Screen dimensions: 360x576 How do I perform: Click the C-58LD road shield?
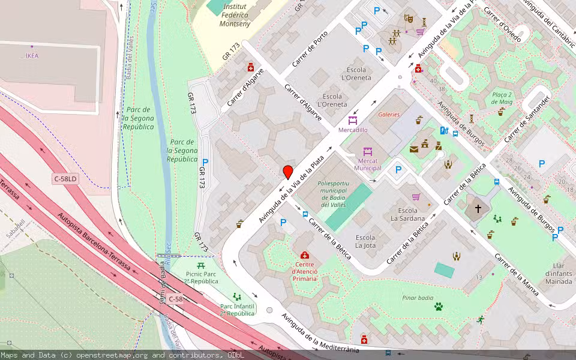pyautogui.click(x=65, y=179)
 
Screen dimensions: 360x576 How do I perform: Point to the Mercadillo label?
pyautogui.click(x=353, y=130)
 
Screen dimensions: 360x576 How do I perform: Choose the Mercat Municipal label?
pyautogui.click(x=367, y=164)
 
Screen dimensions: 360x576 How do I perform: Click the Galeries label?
pyautogui.click(x=389, y=115)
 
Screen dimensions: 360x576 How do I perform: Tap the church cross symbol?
pyautogui.click(x=478, y=209)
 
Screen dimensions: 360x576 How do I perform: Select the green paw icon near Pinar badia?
pyautogui.click(x=439, y=307)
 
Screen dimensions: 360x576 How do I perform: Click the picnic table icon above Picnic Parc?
pyautogui.click(x=200, y=265)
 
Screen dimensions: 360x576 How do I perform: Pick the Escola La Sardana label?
pyautogui.click(x=408, y=214)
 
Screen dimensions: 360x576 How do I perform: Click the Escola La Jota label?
pyautogui.click(x=365, y=241)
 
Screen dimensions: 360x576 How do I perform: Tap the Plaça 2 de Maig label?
pyautogui.click(x=502, y=98)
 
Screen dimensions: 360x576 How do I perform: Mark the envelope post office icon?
pyautogui.click(x=414, y=149)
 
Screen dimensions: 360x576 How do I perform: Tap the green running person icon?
pyautogui.click(x=480, y=320)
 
